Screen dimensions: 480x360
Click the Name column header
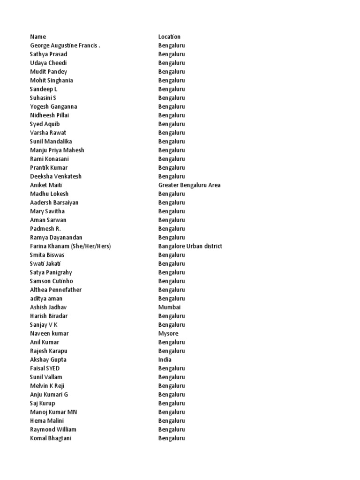[x=38, y=37]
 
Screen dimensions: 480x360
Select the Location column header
[x=169, y=37]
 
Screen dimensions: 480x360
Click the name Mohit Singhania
[x=51, y=80]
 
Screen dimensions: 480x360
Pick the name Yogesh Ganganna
[x=53, y=106]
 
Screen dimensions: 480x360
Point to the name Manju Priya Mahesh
[x=57, y=150]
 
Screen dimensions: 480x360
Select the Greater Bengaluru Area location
[x=189, y=185]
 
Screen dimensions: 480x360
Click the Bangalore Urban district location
[x=190, y=246]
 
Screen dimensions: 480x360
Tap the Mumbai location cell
[x=169, y=307]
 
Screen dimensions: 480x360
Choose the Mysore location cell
[x=168, y=333]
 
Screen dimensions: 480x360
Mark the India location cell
[x=165, y=360]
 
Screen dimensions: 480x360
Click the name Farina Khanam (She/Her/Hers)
[x=70, y=246]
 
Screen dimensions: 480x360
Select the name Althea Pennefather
[x=56, y=290]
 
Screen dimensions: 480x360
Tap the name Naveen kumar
[x=49, y=333]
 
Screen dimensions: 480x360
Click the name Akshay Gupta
[x=48, y=360]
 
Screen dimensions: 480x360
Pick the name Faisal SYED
[x=45, y=368]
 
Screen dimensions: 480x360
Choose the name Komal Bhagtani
[x=51, y=438]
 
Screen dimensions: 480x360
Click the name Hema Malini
[x=47, y=420]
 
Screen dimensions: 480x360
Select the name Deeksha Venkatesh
[x=55, y=176]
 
